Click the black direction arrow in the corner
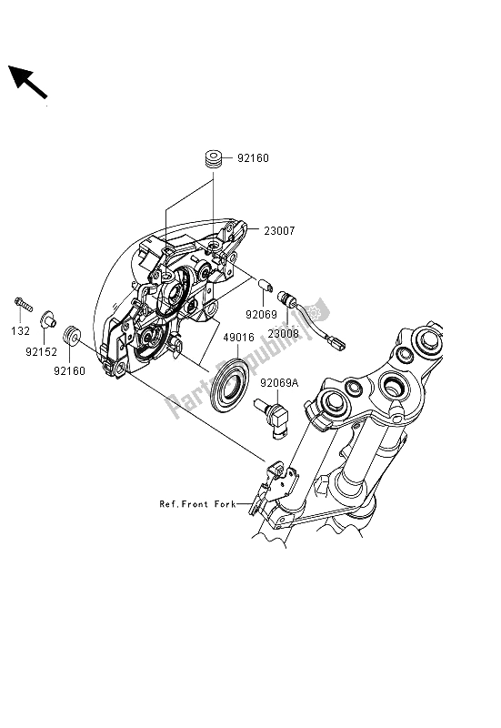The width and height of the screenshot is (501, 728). coord(28,82)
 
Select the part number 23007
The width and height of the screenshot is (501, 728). coord(279,231)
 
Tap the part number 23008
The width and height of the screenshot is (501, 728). coord(283,333)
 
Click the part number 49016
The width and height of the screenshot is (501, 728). coord(238,338)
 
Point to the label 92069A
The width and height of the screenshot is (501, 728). coord(279,383)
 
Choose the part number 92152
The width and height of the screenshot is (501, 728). coord(41,352)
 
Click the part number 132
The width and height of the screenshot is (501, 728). coord(20,331)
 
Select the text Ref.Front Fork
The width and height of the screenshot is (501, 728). coord(197,504)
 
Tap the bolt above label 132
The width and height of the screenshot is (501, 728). coord(24,305)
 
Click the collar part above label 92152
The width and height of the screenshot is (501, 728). coord(48,319)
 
